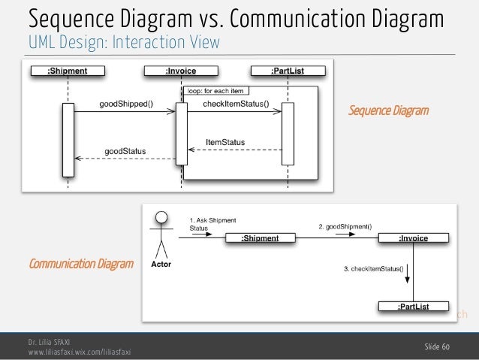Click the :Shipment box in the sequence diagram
click(x=68, y=71)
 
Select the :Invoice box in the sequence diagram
click(x=181, y=71)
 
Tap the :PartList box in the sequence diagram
click(x=288, y=71)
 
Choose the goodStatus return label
click(x=125, y=151)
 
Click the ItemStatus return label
click(x=225, y=141)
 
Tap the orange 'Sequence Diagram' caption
click(x=389, y=111)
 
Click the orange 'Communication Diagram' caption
click(x=80, y=264)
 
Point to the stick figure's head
click(x=159, y=219)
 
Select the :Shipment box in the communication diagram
click(x=260, y=238)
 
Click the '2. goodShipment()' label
click(x=346, y=225)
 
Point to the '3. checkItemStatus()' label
click(x=373, y=268)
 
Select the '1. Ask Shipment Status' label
click(x=212, y=224)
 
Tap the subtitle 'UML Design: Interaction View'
click(x=125, y=42)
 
